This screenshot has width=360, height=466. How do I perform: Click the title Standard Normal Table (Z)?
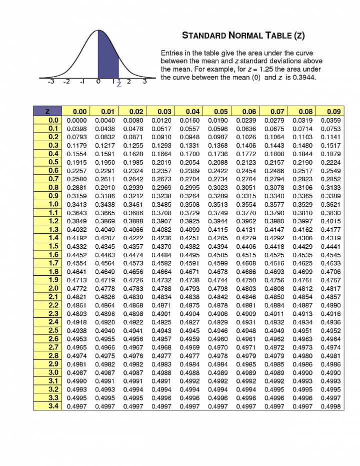click(x=243, y=36)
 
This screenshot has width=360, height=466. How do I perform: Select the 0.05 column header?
click(x=221, y=112)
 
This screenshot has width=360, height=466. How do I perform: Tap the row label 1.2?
click(x=53, y=221)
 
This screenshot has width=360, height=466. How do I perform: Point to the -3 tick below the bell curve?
click(x=51, y=82)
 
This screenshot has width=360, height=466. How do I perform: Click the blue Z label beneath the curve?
click(x=119, y=85)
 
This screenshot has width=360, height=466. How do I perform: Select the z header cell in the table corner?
click(x=47, y=112)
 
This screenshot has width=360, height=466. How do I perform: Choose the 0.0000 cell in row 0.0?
click(x=76, y=120)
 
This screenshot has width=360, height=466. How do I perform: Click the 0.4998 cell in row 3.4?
click(x=330, y=406)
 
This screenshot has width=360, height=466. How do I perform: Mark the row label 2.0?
click(x=53, y=288)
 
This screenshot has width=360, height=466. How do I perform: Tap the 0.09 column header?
click(x=333, y=112)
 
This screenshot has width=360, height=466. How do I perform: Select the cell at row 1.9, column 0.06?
click(x=249, y=280)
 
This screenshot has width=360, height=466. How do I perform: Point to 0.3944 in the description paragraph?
click(x=303, y=78)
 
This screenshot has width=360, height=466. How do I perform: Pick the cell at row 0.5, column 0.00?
click(x=76, y=162)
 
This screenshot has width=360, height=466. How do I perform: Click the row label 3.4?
click(x=53, y=406)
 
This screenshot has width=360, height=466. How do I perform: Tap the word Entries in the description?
click(x=173, y=53)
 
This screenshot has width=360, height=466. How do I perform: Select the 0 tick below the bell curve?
click(x=98, y=82)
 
